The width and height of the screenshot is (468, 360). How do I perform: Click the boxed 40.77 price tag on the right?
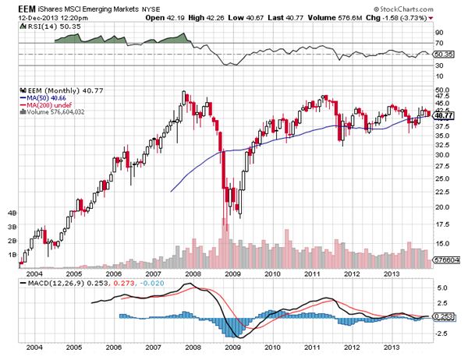(447, 115)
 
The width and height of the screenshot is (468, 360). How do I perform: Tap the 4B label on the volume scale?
(12, 212)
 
